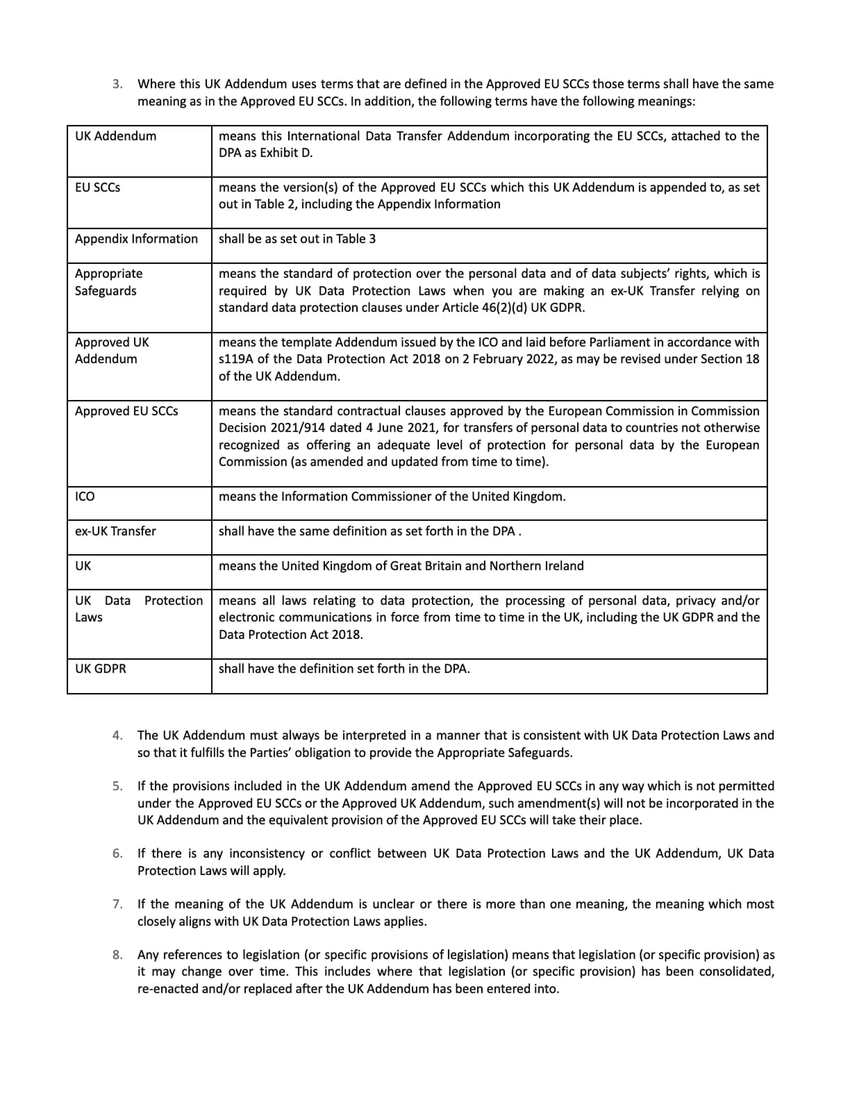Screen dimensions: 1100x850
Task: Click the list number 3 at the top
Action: coord(117,84)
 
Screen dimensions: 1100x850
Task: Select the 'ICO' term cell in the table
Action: coord(85,497)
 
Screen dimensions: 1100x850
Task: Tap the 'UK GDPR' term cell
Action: coord(101,669)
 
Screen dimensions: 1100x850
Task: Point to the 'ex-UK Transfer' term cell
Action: coord(115,531)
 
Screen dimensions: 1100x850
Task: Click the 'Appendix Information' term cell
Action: coord(136,239)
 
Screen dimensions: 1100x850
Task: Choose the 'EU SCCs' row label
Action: coord(97,187)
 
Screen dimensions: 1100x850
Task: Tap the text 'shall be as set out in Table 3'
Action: coord(297,239)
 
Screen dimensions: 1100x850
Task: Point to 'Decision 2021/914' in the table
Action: coord(269,428)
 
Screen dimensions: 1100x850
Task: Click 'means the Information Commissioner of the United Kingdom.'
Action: coord(392,497)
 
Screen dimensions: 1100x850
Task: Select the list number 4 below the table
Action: coord(117,735)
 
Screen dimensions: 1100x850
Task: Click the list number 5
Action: coord(117,786)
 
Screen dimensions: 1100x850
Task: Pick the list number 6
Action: coord(117,853)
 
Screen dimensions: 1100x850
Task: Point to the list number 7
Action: coord(117,904)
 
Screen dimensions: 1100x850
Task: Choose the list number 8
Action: coord(117,955)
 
